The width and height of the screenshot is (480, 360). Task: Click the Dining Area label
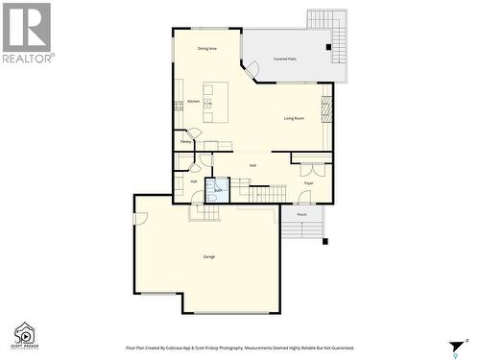(x=206, y=48)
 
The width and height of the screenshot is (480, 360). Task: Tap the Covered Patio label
(x=284, y=60)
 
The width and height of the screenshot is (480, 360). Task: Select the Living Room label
(x=294, y=118)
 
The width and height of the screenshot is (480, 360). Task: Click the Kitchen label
(x=193, y=101)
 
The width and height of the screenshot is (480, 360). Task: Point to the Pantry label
(x=184, y=141)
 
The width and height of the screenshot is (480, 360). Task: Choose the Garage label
(x=208, y=256)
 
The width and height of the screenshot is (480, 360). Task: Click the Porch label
(x=301, y=214)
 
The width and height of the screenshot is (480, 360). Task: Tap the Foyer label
(x=309, y=181)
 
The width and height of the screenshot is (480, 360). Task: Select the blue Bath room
(x=218, y=188)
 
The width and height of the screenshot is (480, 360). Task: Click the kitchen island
(x=216, y=101)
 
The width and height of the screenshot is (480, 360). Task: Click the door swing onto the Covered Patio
(x=251, y=69)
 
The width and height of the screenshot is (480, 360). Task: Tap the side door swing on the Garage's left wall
(x=140, y=218)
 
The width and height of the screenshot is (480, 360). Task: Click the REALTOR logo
(x=27, y=34)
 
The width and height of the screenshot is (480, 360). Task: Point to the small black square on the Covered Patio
(x=328, y=47)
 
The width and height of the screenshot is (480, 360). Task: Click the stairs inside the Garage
(x=204, y=212)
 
